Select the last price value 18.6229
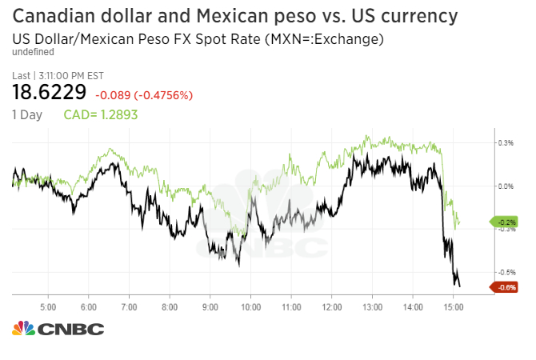point(49,92)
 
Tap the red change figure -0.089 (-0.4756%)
point(144,95)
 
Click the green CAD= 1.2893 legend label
point(100,114)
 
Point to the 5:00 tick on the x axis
point(47,306)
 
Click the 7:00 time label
point(129,306)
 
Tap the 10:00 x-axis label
point(250,306)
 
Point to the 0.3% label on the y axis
point(506,143)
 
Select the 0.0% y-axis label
point(506,186)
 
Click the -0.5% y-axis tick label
point(506,271)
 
